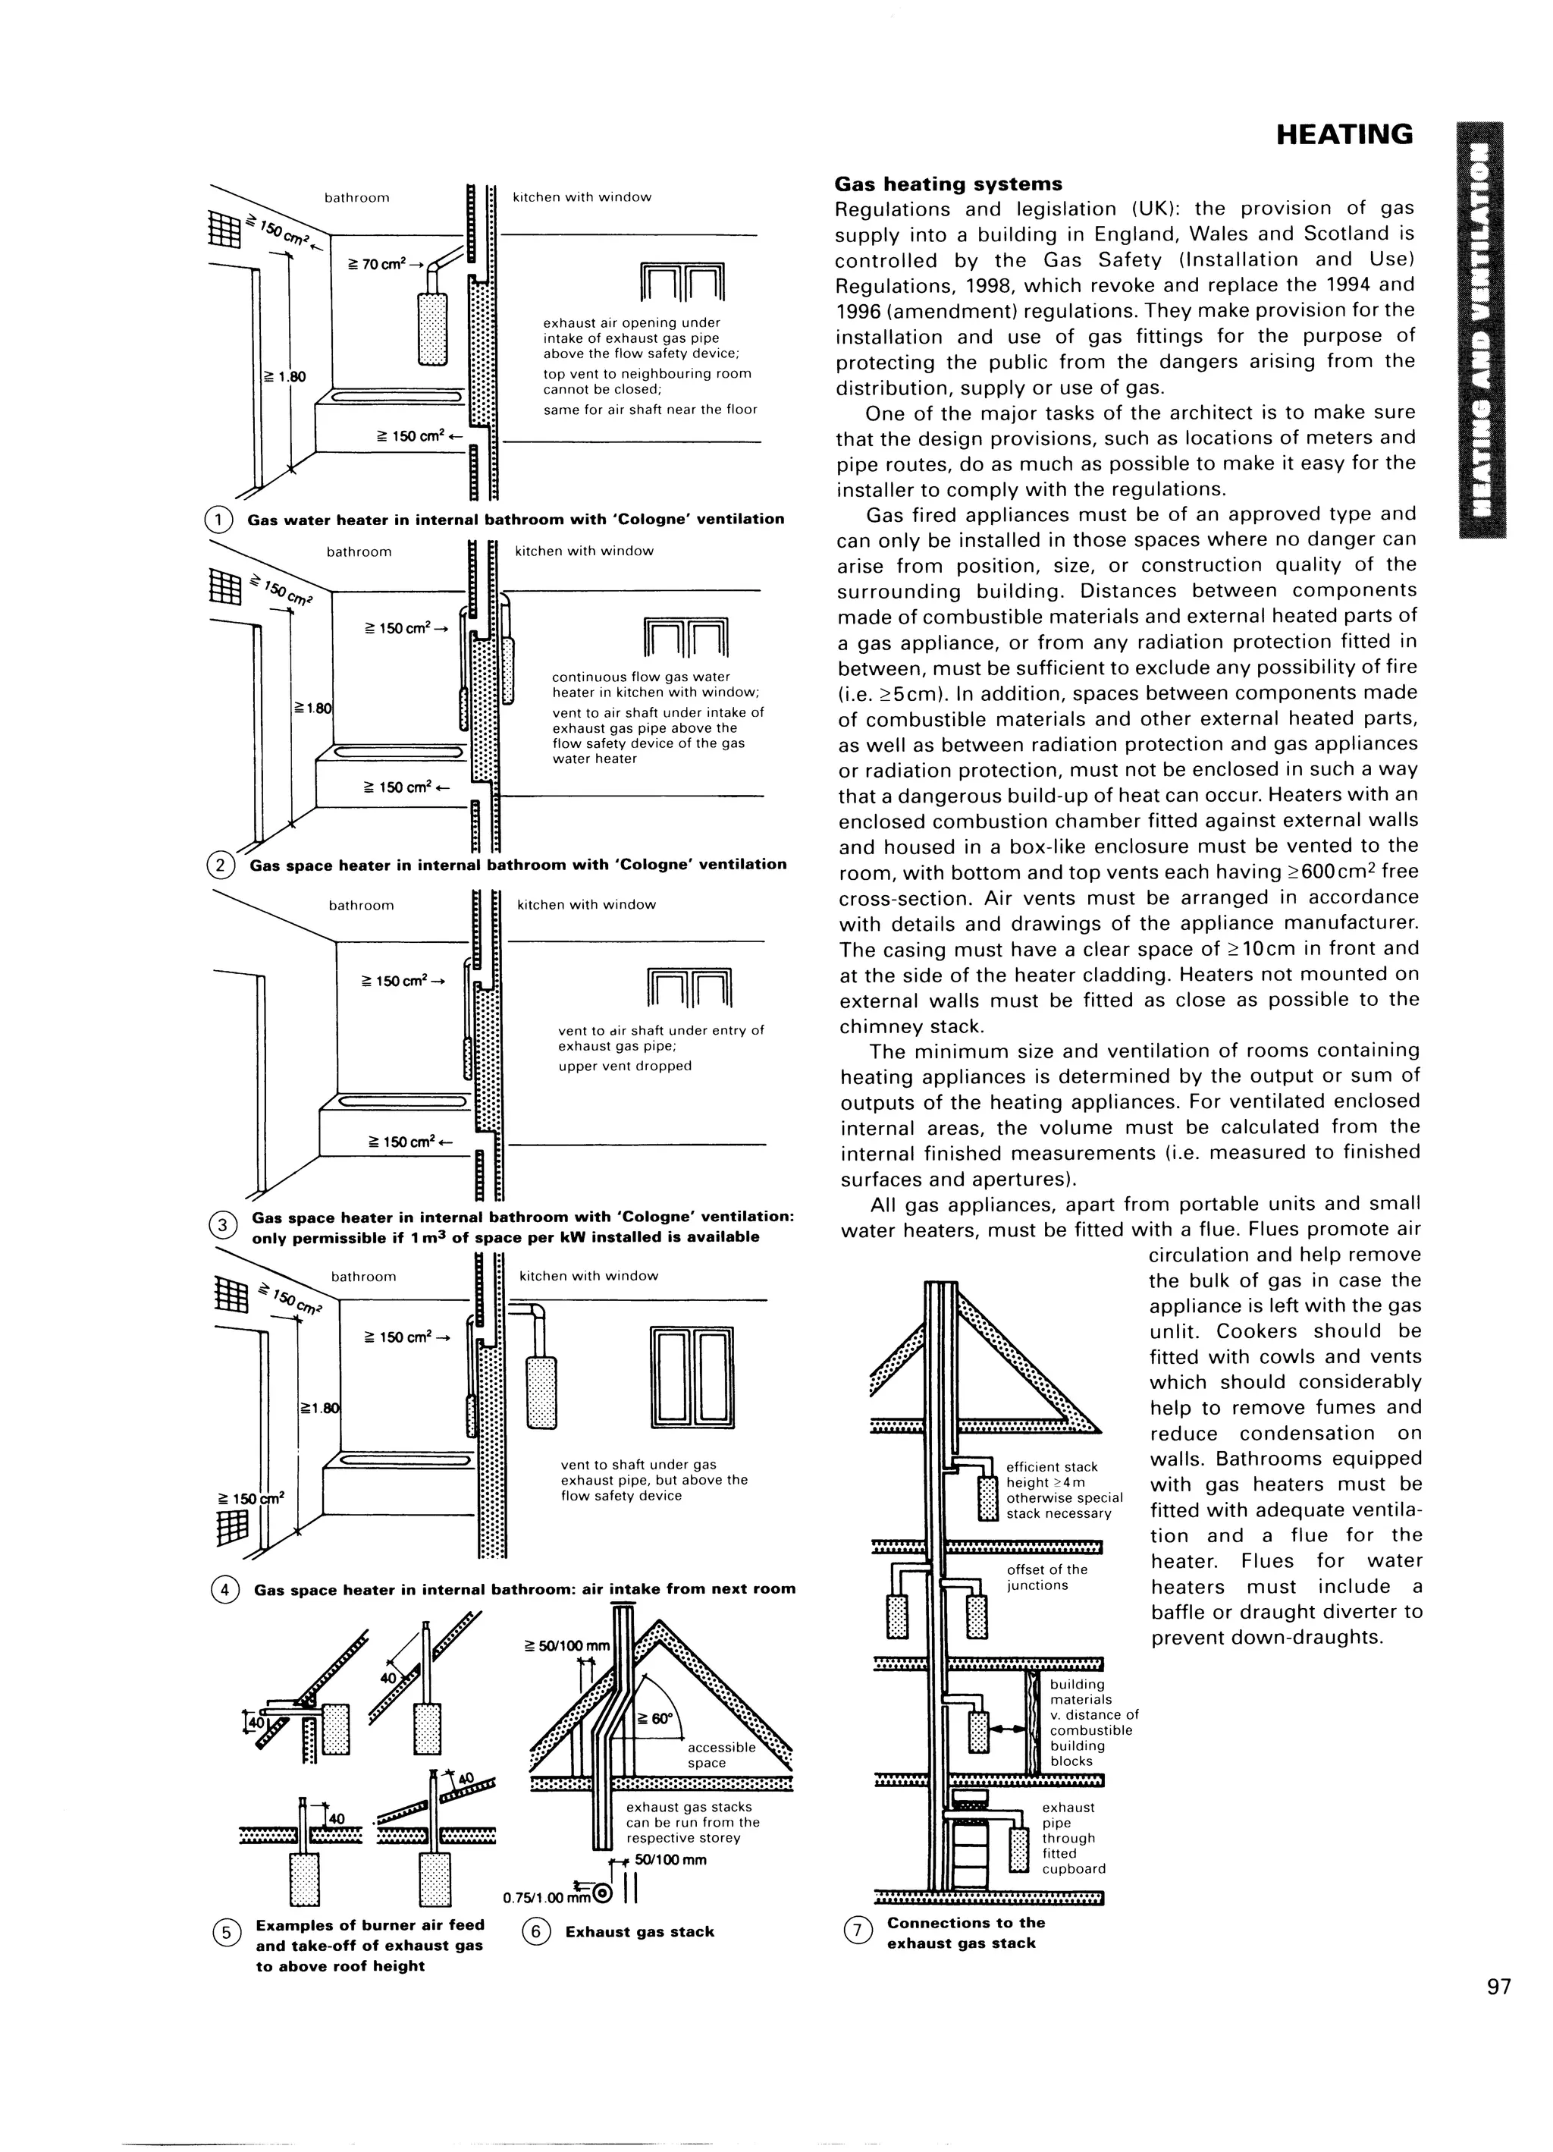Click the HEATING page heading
point(1344,135)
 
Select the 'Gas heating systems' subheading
point(949,184)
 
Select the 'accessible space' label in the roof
point(721,1755)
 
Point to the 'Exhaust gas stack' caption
point(639,1931)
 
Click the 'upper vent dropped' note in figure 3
point(624,1066)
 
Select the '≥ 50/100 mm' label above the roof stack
point(567,1645)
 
